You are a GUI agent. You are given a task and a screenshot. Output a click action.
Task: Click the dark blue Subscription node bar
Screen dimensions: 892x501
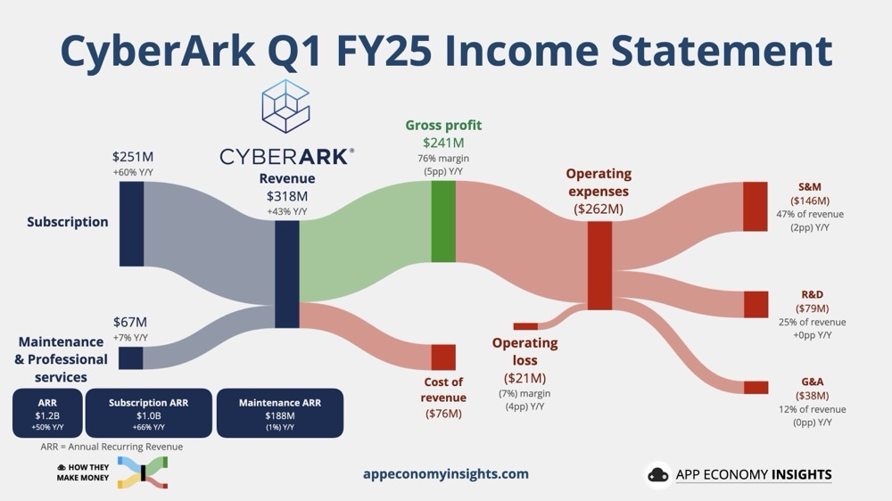131,224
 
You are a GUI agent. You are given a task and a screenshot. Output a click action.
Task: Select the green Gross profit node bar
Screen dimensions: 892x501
443,222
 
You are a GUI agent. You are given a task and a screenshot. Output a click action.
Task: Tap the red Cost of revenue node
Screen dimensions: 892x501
443,357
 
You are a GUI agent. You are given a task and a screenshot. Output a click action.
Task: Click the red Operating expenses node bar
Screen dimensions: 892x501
599,266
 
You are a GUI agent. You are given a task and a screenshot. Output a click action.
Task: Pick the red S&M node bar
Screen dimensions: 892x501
756,207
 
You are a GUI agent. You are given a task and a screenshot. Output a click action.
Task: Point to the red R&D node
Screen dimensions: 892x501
756,304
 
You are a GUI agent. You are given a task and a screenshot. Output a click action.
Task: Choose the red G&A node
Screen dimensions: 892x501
756,387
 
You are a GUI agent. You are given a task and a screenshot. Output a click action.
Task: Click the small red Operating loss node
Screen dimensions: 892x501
525,326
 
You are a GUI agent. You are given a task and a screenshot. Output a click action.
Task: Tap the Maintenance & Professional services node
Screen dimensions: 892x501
131,358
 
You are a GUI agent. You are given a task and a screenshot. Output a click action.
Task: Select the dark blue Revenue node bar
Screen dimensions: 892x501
287,275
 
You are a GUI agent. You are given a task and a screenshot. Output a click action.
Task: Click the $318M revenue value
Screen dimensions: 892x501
287,196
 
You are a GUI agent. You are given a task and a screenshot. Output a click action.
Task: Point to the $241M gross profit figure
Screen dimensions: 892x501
443,142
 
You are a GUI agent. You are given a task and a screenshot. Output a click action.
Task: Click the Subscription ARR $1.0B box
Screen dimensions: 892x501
148,413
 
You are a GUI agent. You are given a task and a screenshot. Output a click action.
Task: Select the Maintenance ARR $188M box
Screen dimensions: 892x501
280,413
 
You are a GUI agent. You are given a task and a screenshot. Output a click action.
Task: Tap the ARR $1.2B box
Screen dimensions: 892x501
47,413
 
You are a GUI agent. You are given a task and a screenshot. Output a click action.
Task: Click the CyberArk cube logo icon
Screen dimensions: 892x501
285,106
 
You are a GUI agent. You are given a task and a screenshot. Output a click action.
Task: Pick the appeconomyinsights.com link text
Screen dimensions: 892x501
446,473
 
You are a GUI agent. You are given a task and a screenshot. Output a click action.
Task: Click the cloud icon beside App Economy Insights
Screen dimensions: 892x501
658,475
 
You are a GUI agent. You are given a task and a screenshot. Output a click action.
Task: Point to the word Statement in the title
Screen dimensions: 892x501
722,50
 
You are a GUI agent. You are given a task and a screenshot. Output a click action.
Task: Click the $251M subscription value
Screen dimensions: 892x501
133,156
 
